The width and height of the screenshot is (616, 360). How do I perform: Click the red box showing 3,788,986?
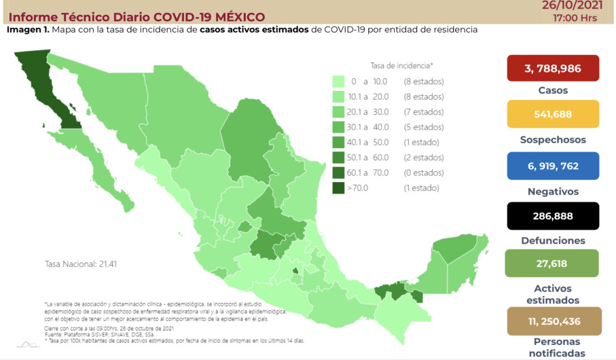553,68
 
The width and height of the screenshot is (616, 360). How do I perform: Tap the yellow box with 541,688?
553,114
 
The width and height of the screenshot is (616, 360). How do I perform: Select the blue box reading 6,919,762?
553,165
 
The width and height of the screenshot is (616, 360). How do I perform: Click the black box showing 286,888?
553,216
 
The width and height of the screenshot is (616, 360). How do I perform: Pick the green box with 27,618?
553,263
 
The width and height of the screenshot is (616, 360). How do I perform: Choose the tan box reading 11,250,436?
553,321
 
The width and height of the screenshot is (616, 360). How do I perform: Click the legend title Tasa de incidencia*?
401,65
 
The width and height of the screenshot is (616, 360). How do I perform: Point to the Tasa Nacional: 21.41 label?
80,264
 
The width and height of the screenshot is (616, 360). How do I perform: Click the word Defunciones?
553,241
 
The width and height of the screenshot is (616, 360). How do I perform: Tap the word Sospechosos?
553,140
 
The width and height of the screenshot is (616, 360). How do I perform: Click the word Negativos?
553,192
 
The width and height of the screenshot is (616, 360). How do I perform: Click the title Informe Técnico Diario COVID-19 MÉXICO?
137,17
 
